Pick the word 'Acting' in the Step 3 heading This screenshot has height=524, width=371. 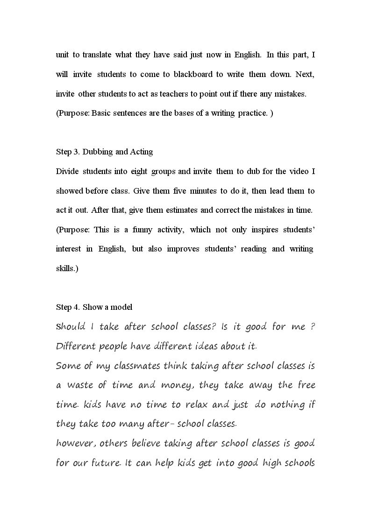click(142, 152)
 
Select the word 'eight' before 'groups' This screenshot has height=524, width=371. click(137, 171)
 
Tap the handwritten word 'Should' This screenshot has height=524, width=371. click(71, 327)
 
